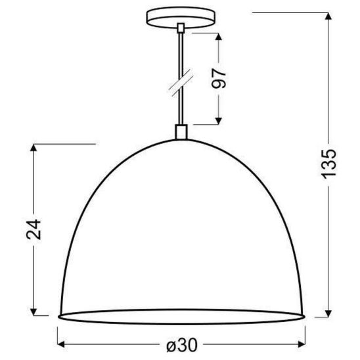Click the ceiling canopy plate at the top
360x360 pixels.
[180, 16]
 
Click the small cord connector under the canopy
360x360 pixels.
[180, 28]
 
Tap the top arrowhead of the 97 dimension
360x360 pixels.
[219, 33]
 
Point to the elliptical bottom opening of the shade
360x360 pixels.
[181, 315]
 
